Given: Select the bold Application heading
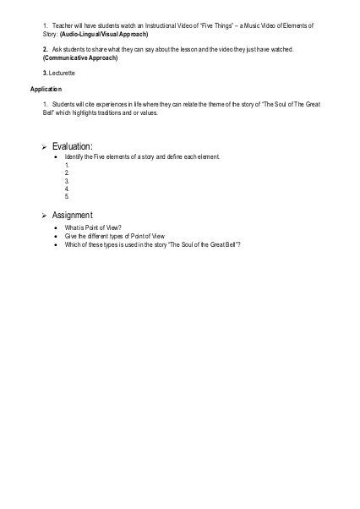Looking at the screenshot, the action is coord(46,89).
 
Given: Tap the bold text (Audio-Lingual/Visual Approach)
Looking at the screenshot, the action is coord(104,35).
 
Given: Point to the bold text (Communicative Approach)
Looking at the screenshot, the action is coord(80,58).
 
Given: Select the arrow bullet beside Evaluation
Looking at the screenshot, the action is coord(46,147).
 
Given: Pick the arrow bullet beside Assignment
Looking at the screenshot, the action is coord(46,216).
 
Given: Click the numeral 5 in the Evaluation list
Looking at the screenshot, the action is coord(66,196).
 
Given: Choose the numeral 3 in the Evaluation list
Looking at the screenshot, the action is coord(66,181).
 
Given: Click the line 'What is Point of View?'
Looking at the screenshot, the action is coord(93,228).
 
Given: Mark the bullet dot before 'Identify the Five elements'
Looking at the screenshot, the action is coord(55,158).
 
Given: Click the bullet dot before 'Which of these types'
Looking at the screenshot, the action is coord(55,245).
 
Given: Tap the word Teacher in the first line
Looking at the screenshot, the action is coord(65,27).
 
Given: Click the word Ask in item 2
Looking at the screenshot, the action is coord(57,51).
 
